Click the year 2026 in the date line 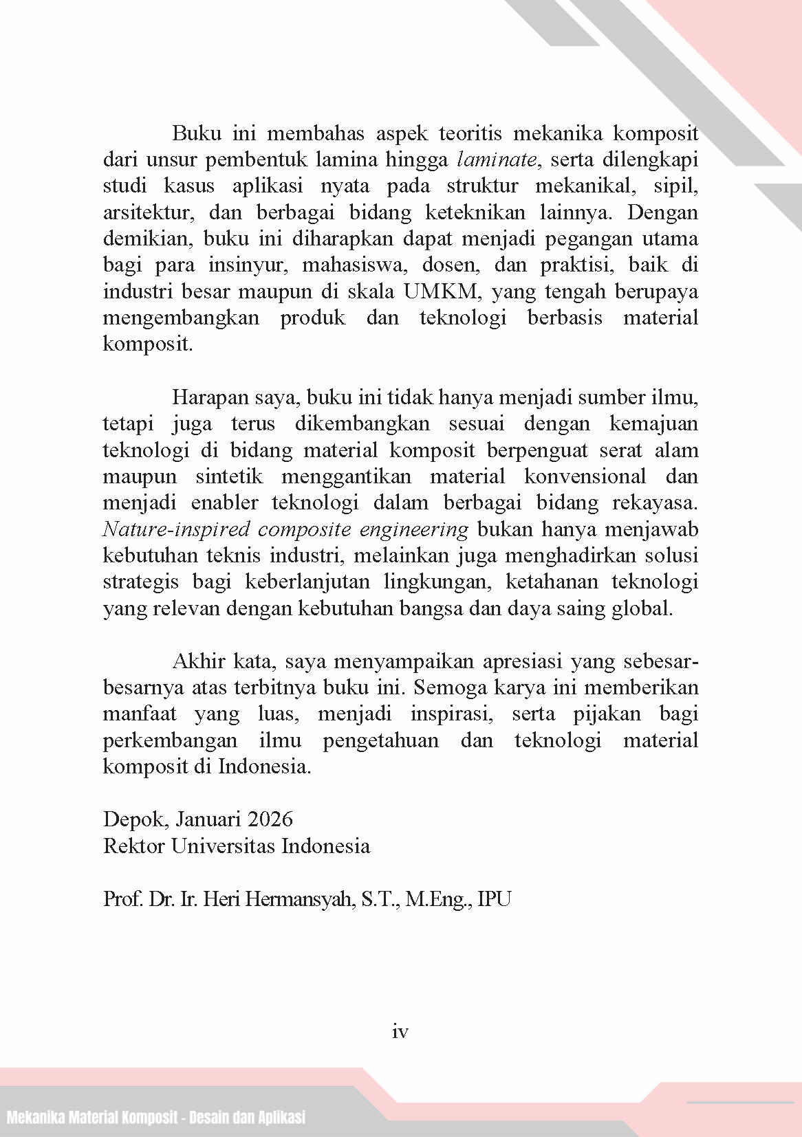point(270,819)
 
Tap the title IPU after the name point(494,898)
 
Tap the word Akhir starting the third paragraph point(199,661)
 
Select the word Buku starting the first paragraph point(196,133)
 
